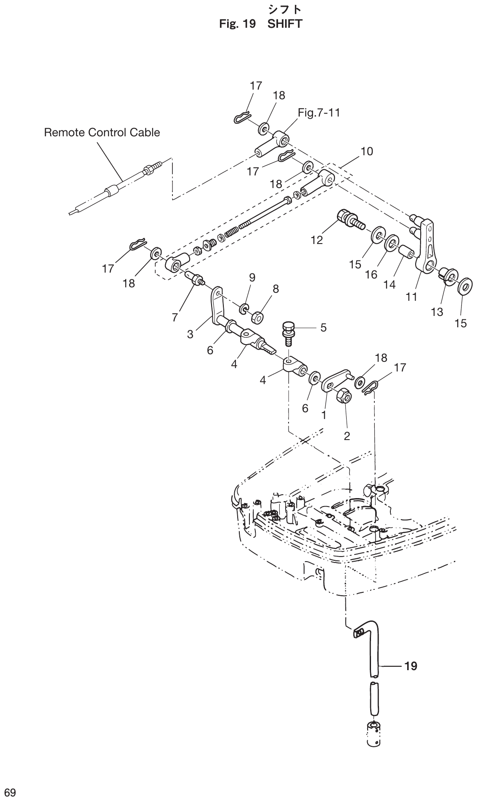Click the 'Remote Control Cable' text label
[102, 133]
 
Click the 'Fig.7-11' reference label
[319, 113]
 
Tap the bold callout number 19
[411, 666]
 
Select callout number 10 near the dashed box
[367, 151]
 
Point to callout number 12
[317, 240]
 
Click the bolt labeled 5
[288, 331]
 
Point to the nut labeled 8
[257, 316]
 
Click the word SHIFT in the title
[285, 24]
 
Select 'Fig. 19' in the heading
[238, 24]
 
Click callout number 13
[437, 312]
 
